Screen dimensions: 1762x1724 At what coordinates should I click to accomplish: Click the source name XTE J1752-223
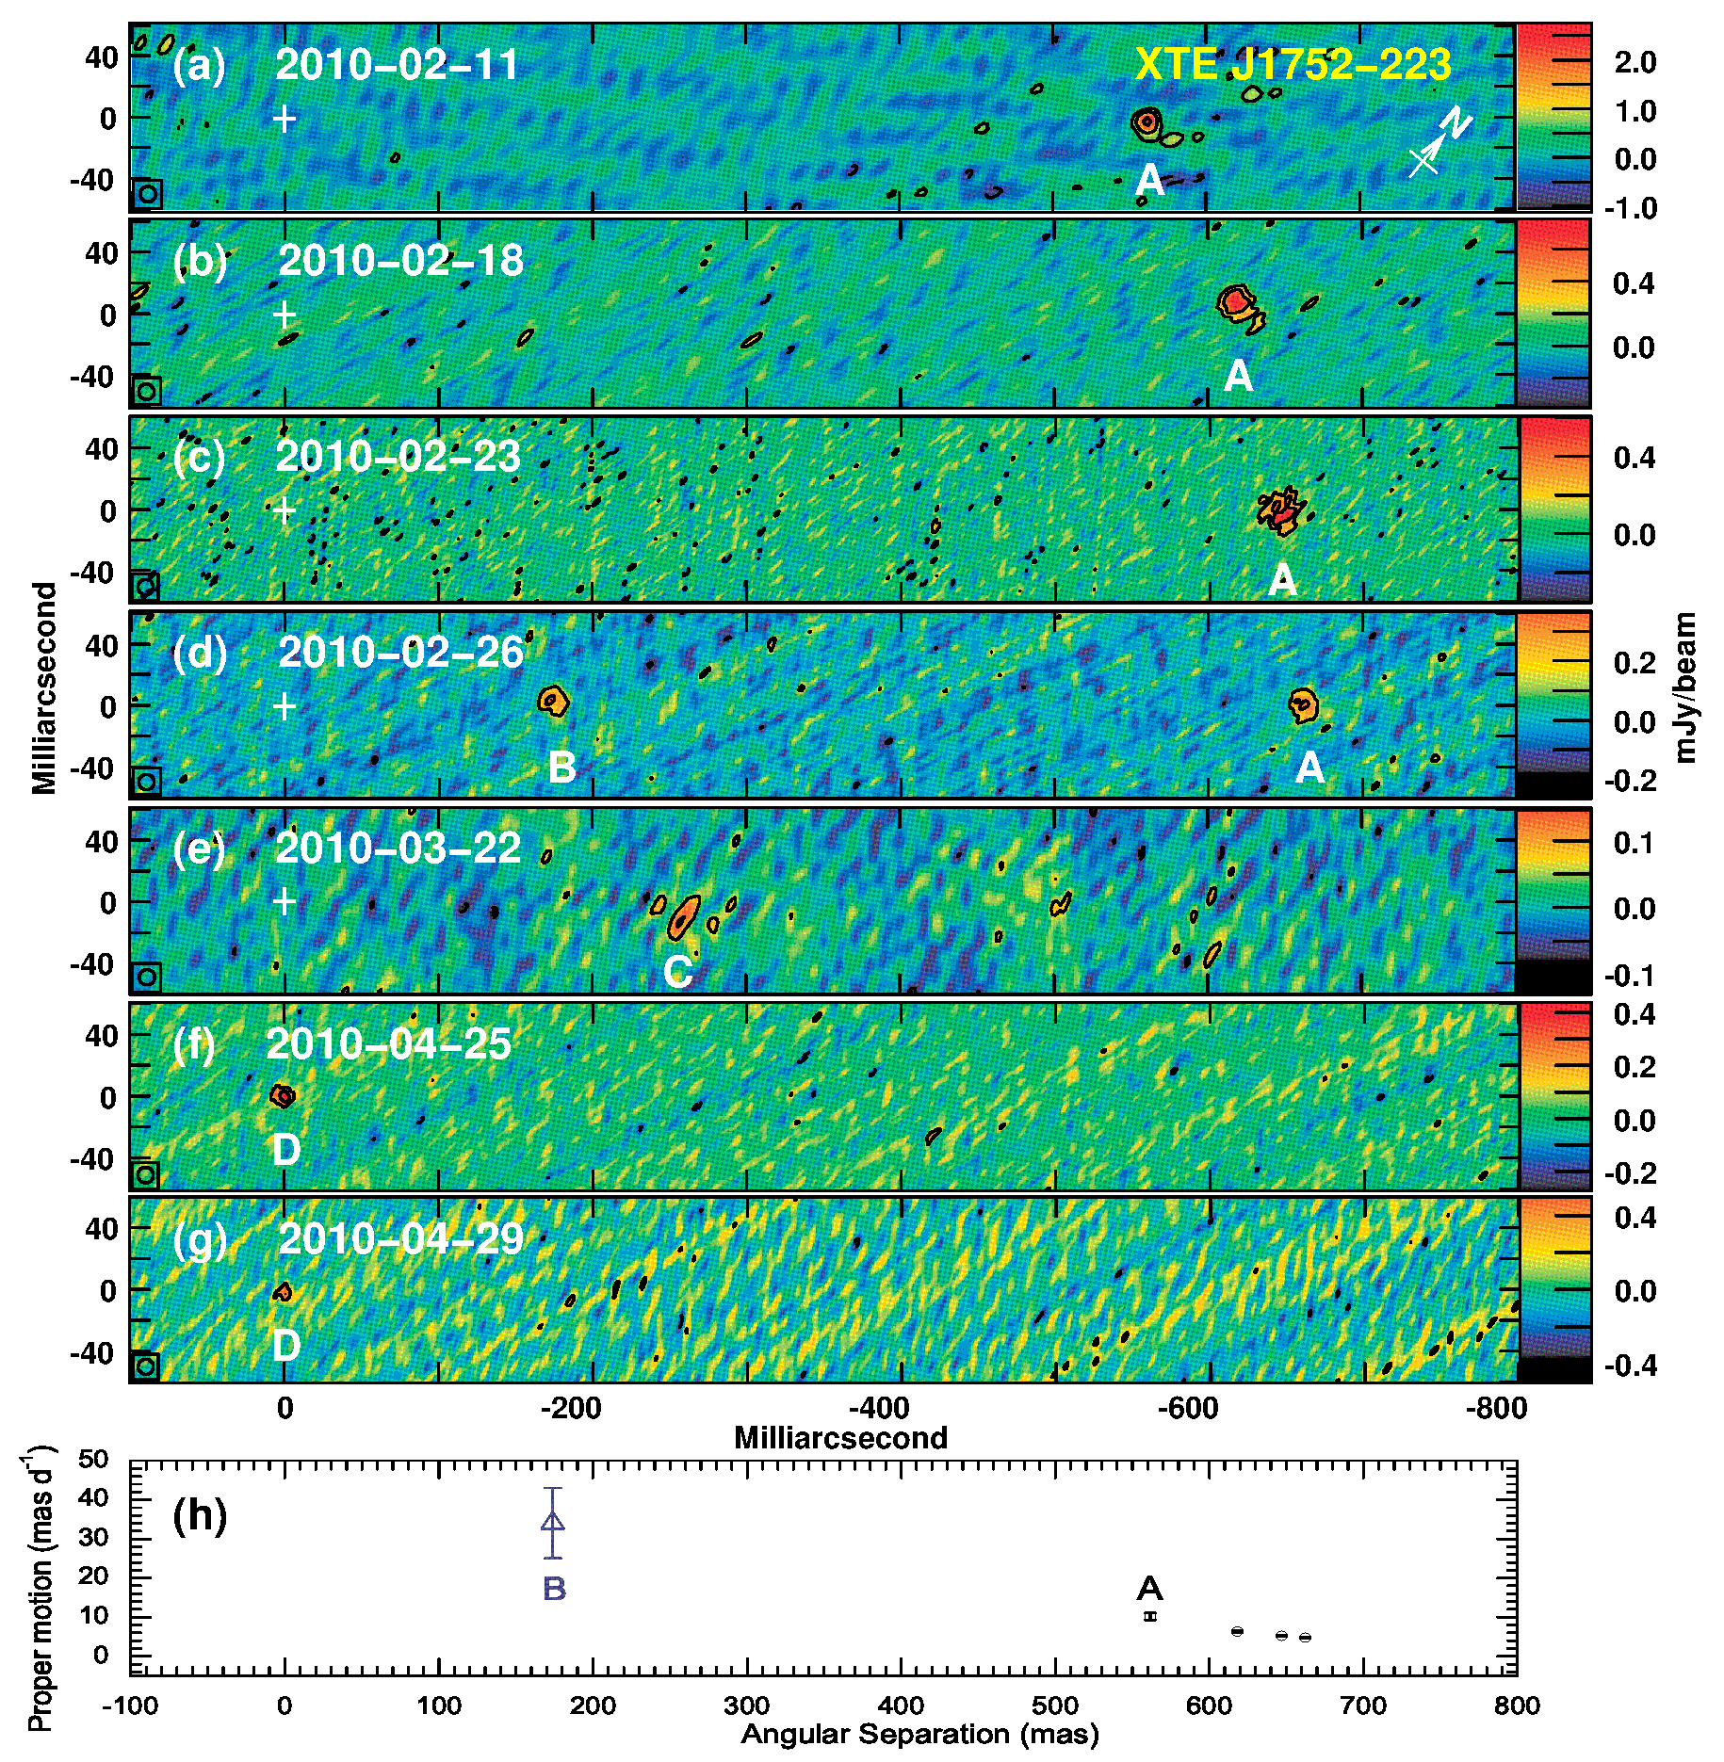[1293, 65]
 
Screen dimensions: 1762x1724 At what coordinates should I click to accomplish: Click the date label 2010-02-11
[397, 65]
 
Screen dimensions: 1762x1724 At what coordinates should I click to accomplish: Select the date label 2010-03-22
[397, 848]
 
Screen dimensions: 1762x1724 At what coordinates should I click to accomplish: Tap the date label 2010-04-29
[400, 1238]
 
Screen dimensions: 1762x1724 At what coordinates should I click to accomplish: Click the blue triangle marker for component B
[553, 1521]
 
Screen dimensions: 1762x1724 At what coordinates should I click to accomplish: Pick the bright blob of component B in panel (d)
[553, 701]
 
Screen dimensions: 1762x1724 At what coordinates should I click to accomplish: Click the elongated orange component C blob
[684, 916]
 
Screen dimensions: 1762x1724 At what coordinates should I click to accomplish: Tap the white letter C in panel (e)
[678, 972]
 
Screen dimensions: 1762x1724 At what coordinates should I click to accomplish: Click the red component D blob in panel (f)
[283, 1095]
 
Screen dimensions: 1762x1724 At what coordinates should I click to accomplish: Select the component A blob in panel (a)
[1147, 122]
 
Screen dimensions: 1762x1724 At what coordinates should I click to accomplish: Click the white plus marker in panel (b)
[285, 315]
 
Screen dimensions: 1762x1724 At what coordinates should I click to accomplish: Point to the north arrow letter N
[1456, 122]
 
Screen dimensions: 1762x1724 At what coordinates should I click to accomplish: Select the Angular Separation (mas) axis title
[919, 1734]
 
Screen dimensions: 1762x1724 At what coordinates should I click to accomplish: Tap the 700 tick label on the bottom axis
[1363, 1705]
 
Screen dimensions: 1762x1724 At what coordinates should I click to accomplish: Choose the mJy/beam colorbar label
[1686, 687]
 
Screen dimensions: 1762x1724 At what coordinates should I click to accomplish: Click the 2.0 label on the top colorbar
[1635, 62]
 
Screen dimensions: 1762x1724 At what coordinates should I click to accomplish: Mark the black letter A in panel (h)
[1149, 1589]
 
